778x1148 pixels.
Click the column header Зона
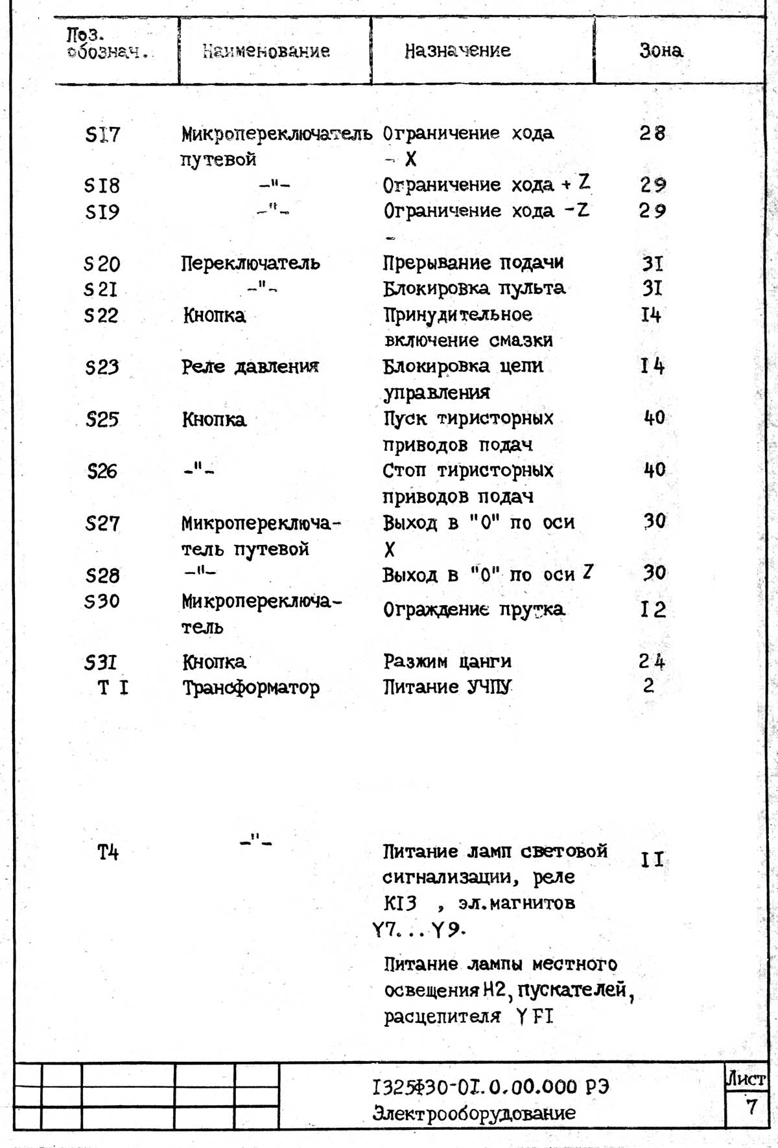661,51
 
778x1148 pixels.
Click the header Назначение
458,51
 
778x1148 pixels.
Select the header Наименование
266,51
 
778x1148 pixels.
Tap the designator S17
102,135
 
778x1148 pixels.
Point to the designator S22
101,316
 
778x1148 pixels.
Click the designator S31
101,662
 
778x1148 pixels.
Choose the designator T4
108,852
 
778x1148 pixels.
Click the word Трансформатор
250,687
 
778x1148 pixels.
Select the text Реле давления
250,367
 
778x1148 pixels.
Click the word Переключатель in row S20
250,263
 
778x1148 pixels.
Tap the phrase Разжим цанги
447,661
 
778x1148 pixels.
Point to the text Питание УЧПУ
447,687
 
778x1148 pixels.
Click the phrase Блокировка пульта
473,288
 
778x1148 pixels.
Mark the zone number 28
652,133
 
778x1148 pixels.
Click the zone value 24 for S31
652,661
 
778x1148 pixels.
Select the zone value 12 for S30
653,610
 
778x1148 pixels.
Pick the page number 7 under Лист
751,1106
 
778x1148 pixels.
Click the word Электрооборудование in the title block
474,1113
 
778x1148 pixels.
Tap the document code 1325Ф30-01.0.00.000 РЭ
491,1086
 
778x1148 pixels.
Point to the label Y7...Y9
418,930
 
